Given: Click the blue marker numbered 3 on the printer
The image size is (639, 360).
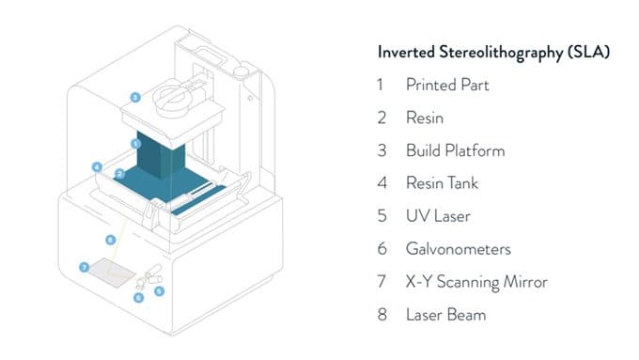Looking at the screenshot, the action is pyautogui.click(x=135, y=98).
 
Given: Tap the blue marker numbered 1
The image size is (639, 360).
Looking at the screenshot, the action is pyautogui.click(x=136, y=144).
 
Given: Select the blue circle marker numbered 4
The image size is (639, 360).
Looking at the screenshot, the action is pyautogui.click(x=97, y=166).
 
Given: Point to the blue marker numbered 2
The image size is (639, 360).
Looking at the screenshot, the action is pyautogui.click(x=119, y=174).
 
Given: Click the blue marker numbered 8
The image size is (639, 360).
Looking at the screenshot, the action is pyautogui.click(x=111, y=240).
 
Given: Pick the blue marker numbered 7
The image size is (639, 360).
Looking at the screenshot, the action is pyautogui.click(x=85, y=268).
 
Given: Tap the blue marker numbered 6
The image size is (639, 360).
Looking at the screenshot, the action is pyautogui.click(x=138, y=298).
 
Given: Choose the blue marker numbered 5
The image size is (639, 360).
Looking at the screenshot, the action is pyautogui.click(x=159, y=290).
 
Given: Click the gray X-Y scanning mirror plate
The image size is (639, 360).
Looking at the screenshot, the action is pyautogui.click(x=112, y=273).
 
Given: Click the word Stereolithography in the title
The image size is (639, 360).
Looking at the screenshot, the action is pyautogui.click(x=501, y=53).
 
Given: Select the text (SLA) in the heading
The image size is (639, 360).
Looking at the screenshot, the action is pyautogui.click(x=588, y=53).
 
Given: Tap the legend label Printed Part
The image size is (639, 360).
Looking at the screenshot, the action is pyautogui.click(x=447, y=85).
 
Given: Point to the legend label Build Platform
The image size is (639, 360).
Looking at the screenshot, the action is pyautogui.click(x=455, y=150).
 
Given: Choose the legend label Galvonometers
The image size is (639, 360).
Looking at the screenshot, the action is pyautogui.click(x=458, y=249).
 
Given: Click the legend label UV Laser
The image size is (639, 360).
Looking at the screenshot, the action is pyautogui.click(x=438, y=216).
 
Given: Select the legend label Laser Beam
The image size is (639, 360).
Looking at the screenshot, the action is pyautogui.click(x=445, y=315).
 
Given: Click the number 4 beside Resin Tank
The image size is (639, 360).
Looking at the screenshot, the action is pyautogui.click(x=382, y=183).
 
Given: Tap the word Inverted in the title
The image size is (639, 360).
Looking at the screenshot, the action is pyautogui.click(x=406, y=53).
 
